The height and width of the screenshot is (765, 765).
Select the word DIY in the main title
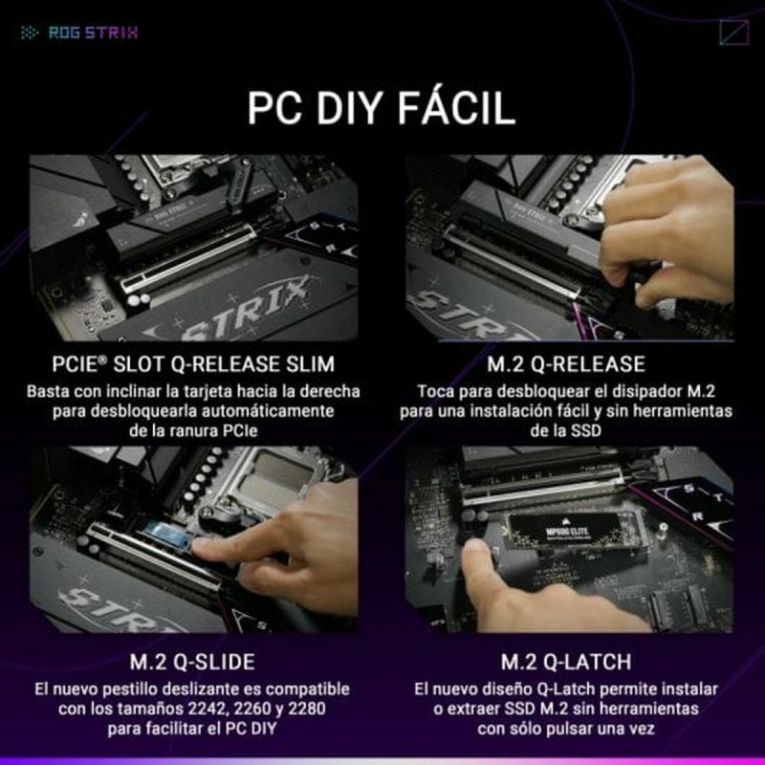pyautogui.click(x=338, y=107)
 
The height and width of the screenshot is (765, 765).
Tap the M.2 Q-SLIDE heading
pyautogui.click(x=193, y=662)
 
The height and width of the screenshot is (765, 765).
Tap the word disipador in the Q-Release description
pyautogui.click(x=636, y=392)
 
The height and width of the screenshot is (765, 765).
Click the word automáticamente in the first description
pyautogui.click(x=271, y=411)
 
